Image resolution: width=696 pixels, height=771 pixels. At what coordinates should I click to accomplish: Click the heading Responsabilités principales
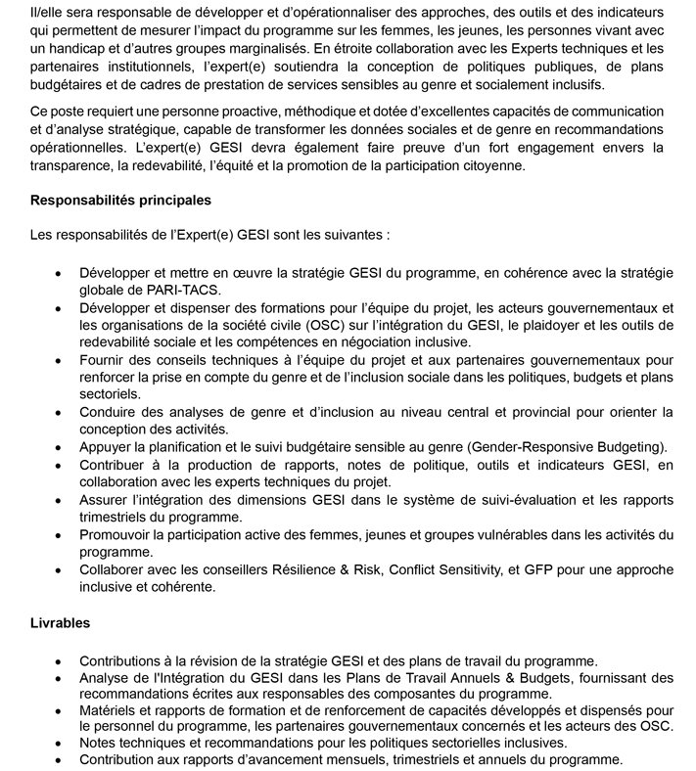121,201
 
